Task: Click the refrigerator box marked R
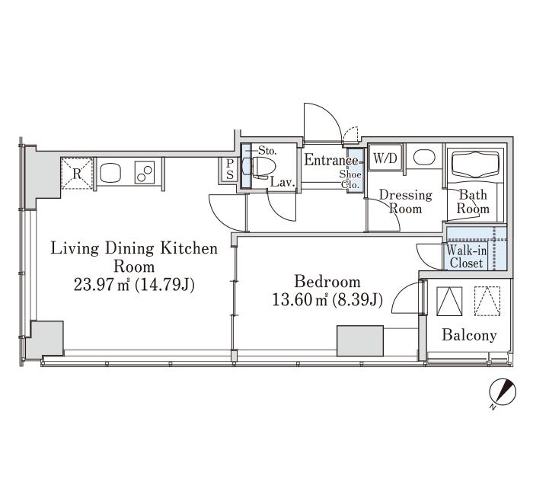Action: [x=77, y=173]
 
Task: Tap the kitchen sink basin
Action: [x=110, y=173]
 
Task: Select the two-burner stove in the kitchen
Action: [x=145, y=172]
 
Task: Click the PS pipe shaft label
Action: [x=230, y=169]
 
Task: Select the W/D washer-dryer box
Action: [x=385, y=158]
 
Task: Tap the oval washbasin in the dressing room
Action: [x=425, y=158]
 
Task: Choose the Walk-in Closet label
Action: [x=466, y=257]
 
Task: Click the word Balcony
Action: [x=469, y=336]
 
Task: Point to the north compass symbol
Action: [x=503, y=393]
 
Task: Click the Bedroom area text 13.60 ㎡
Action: [x=299, y=300]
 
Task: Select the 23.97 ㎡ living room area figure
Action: [x=101, y=285]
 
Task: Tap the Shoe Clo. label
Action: [x=349, y=180]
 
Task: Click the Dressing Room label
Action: [x=406, y=202]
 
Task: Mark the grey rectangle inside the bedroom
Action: [x=360, y=341]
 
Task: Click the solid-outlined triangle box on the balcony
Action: [x=449, y=302]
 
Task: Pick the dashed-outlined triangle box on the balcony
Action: [x=487, y=302]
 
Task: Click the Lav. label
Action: [x=282, y=183]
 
